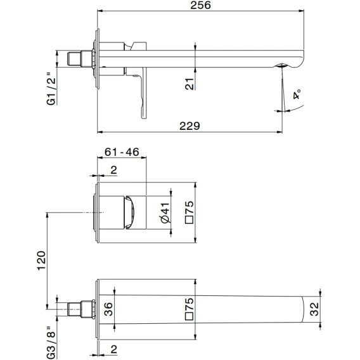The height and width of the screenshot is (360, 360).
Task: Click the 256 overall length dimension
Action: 200,5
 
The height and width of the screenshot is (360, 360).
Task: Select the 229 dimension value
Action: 190,126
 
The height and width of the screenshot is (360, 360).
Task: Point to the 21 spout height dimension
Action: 190,84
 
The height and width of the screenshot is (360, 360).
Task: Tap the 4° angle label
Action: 297,94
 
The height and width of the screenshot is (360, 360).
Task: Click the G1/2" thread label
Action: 51,89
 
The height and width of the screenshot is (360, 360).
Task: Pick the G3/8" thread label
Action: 51,342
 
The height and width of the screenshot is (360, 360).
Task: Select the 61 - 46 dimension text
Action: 122,151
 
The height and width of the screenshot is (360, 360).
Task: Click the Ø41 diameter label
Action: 166,213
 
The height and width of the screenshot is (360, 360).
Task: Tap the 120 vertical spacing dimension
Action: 42,261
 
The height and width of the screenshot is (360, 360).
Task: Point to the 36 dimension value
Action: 108,309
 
